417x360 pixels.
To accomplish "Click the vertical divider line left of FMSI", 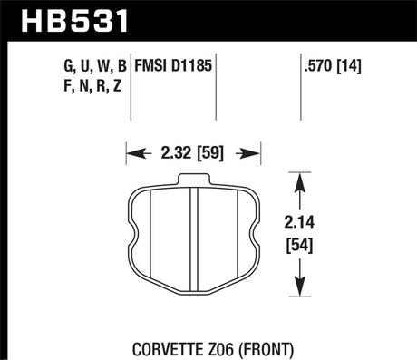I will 133,76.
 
